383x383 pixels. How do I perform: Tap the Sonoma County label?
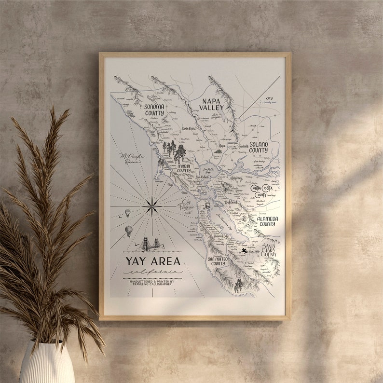tap(154, 109)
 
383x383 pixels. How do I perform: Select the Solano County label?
tap(258, 147)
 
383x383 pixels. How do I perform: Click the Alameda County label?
tap(267, 221)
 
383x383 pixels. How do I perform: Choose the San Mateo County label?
tap(217, 261)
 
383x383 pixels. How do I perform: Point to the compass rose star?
tap(152, 206)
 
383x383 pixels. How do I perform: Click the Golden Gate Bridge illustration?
tap(146, 244)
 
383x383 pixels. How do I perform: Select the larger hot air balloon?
tap(129, 231)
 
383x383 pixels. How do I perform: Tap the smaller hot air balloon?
tap(127, 212)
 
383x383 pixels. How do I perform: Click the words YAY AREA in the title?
tap(153, 262)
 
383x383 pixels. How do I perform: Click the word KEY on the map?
tap(269, 98)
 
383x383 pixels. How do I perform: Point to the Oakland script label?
tap(232, 203)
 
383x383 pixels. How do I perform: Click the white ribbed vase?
tap(47, 362)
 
